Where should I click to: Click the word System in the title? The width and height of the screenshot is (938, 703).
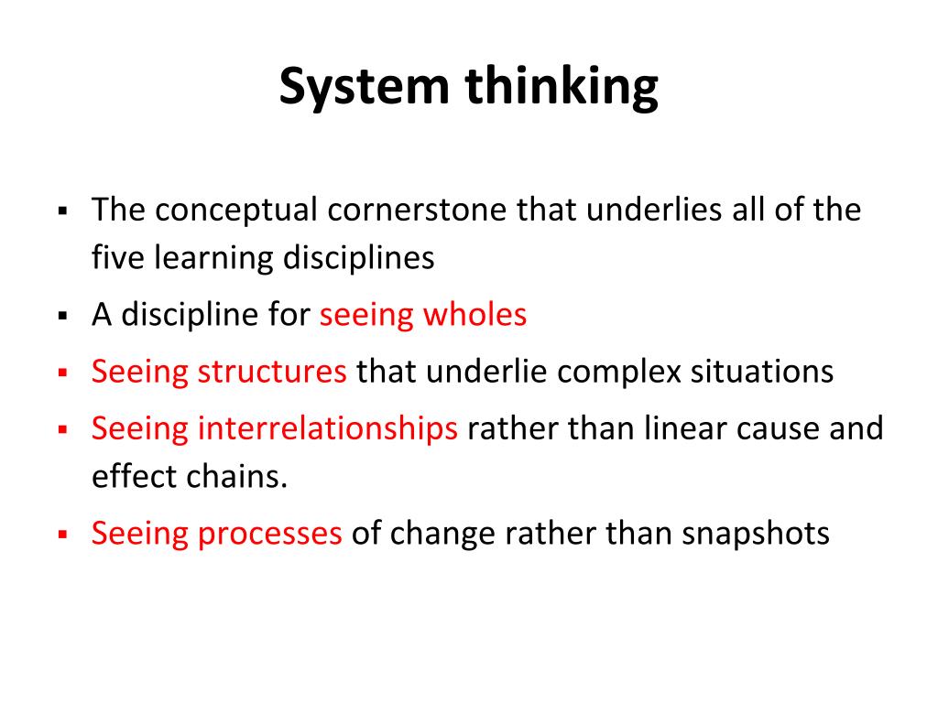click(364, 87)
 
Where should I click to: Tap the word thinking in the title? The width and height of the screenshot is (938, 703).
click(562, 87)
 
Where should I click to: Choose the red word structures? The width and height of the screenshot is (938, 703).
click(271, 372)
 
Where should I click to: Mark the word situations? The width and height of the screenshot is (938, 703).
click(762, 372)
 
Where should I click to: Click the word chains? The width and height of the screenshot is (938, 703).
click(237, 476)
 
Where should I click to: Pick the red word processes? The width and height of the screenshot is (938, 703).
click(270, 535)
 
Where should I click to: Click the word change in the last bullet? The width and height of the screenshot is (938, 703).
click(442, 535)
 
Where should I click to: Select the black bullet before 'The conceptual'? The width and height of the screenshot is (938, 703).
click(63, 211)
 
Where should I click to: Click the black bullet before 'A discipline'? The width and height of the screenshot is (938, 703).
click(63, 316)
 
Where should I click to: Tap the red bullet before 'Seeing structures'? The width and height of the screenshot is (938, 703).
click(63, 373)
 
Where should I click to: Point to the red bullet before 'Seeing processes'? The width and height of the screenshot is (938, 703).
click(63, 534)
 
